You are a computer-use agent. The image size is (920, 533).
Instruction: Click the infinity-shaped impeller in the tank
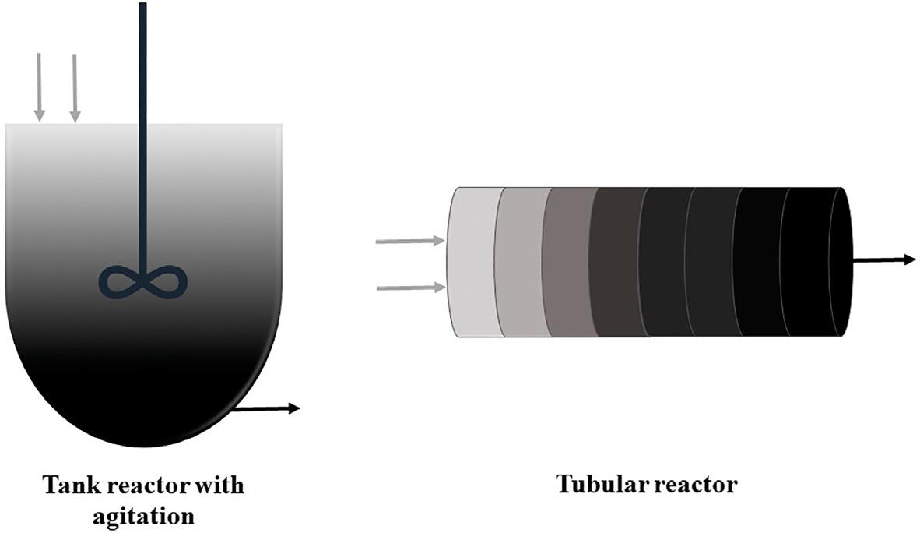click(144, 281)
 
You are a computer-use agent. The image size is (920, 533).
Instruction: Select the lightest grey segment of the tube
click(473, 263)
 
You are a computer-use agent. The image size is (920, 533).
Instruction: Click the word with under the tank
click(221, 486)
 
